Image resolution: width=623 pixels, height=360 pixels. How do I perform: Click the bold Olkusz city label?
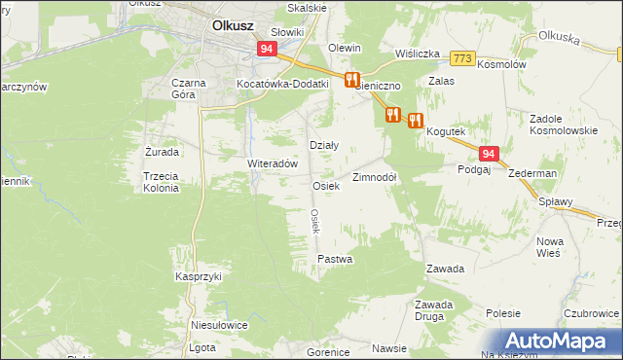coord(234,27)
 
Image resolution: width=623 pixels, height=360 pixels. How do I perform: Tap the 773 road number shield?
coord(462,58)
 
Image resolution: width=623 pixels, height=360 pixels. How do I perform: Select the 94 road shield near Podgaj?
coord(489,154)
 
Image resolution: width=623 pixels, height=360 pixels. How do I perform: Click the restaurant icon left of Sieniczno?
coord(352,80)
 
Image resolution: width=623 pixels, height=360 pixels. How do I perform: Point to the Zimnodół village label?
coord(374,177)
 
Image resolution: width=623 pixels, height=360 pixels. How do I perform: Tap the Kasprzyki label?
coord(199,276)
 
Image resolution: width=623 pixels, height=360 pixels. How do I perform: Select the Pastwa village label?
coord(335,260)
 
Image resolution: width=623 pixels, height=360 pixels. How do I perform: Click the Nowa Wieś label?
coord(551,247)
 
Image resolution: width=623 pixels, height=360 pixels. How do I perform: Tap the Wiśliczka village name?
coord(418,54)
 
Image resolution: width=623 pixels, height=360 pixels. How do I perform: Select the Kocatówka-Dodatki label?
coord(283,84)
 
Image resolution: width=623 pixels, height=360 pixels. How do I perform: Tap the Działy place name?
coord(323,145)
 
